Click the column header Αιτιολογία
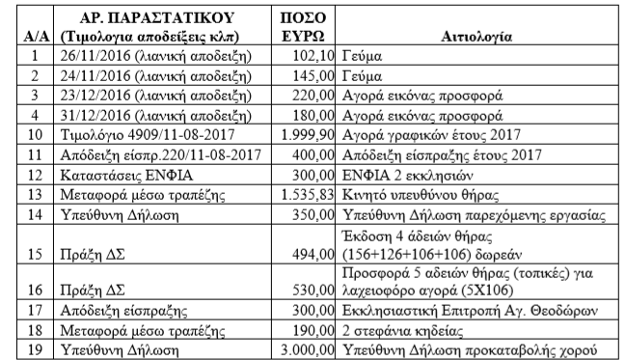click(x=476, y=37)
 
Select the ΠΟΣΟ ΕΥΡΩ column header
click(x=307, y=27)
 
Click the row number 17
click(x=34, y=311)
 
